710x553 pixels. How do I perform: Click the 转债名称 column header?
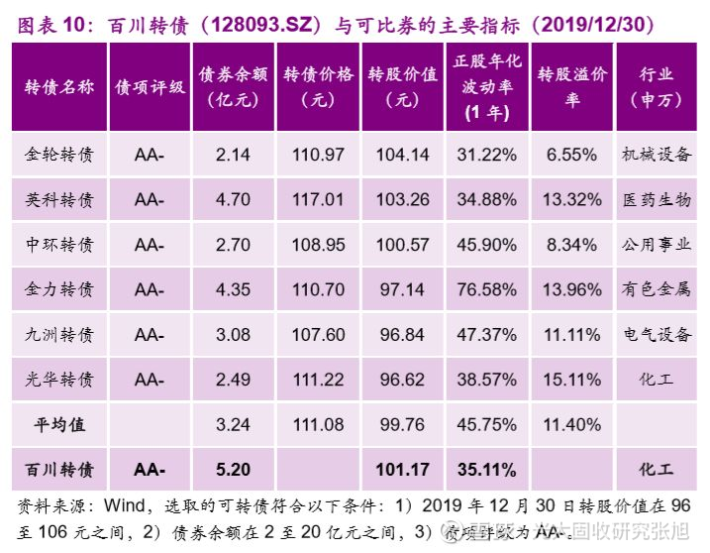coord(59,86)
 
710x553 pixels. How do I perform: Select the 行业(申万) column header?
coord(656,86)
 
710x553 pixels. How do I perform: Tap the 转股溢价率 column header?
coord(572,86)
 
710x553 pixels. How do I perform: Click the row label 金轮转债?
coord(59,155)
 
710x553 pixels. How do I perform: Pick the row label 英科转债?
coord(59,199)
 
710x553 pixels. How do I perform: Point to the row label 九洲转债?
coord(59,334)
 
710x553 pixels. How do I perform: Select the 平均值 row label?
coord(59,424)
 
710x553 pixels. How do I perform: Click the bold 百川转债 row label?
coord(59,469)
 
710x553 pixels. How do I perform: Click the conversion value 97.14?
coord(402,289)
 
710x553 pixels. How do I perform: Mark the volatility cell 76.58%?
coord(487,289)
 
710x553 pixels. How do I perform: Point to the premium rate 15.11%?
coord(572,380)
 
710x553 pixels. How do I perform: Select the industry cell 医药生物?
coord(656,199)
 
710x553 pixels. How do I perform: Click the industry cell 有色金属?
coord(656,289)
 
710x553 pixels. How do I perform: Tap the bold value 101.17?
coord(402,469)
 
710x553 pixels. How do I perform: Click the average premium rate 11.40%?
coord(572,424)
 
